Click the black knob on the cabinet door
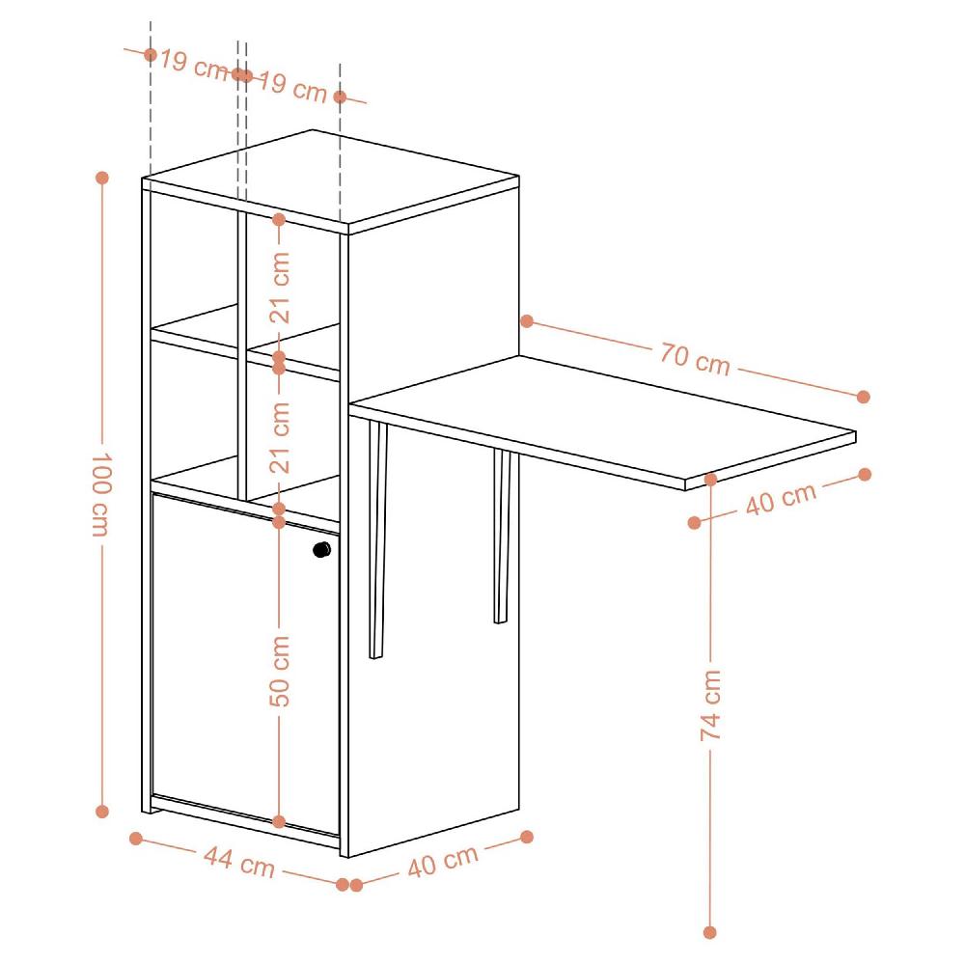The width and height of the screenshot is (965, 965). point(321,550)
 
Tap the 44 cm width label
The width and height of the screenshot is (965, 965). point(238,862)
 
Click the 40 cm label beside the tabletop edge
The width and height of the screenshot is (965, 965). point(781,498)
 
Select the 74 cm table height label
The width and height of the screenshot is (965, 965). point(710,704)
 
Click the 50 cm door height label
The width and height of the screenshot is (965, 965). point(279,671)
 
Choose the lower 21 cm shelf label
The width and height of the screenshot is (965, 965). point(279,437)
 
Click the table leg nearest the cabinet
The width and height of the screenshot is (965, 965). point(376,540)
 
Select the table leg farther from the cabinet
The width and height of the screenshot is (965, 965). point(501,536)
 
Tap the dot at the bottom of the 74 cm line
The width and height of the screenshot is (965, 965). point(710,932)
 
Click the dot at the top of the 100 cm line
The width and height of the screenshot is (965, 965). point(102,178)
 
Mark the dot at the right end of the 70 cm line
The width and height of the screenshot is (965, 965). point(863,397)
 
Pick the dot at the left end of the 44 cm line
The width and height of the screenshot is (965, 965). point(136,838)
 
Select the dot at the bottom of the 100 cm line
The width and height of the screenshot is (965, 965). point(102,812)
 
